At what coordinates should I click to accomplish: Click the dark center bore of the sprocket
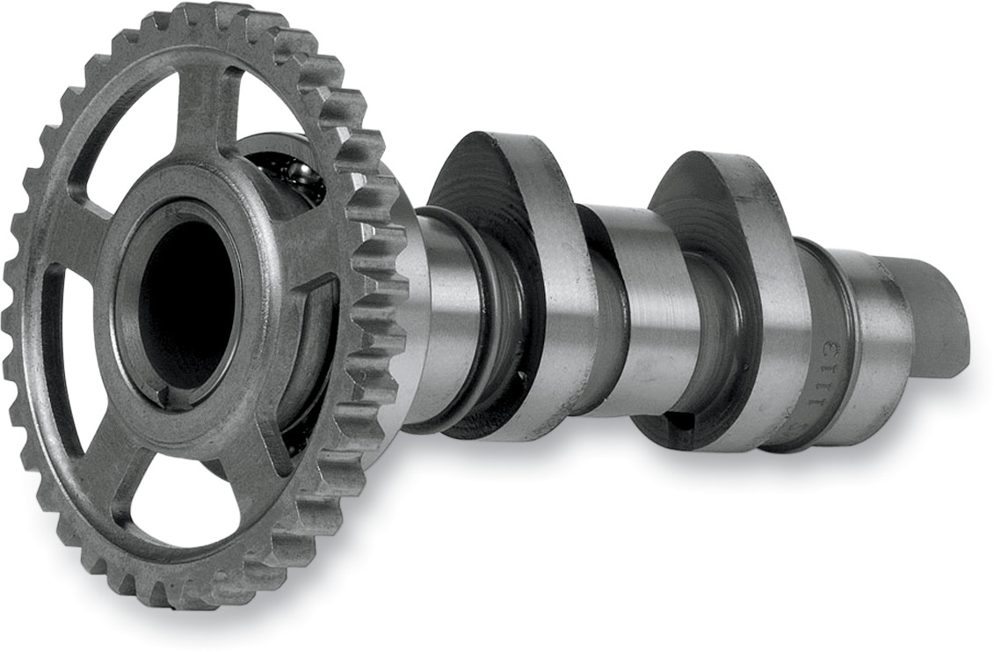point(186,299)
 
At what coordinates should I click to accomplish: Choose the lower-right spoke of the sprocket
point(264,458)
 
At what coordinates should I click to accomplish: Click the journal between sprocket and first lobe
point(444,317)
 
